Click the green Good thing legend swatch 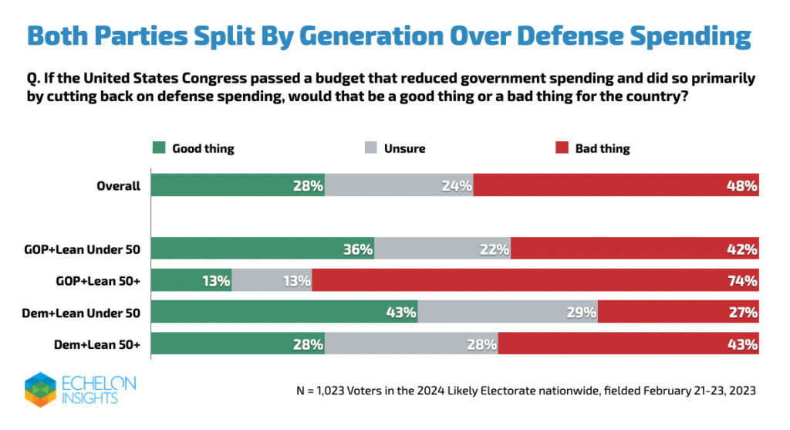point(158,148)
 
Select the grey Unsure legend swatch point(370,148)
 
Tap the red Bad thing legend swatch point(562,148)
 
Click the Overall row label point(118,185)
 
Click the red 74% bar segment point(535,280)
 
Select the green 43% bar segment point(284,312)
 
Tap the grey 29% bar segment point(508,312)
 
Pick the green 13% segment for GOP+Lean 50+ point(191,280)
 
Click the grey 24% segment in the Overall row point(399,185)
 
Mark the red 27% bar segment point(678,312)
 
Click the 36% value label point(359,249)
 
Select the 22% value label point(495,249)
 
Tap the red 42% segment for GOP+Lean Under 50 point(634,249)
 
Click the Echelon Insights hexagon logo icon point(40,389)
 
